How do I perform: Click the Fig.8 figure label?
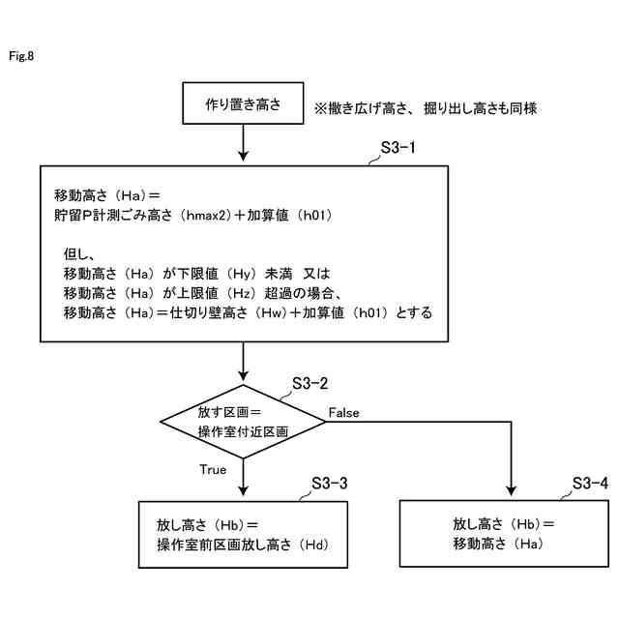[21, 56]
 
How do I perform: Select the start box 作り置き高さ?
[242, 103]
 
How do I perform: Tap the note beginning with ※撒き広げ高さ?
[424, 109]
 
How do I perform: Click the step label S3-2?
[310, 385]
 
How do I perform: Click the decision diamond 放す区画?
[242, 421]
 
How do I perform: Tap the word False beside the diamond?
[343, 413]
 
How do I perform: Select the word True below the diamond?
[213, 470]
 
